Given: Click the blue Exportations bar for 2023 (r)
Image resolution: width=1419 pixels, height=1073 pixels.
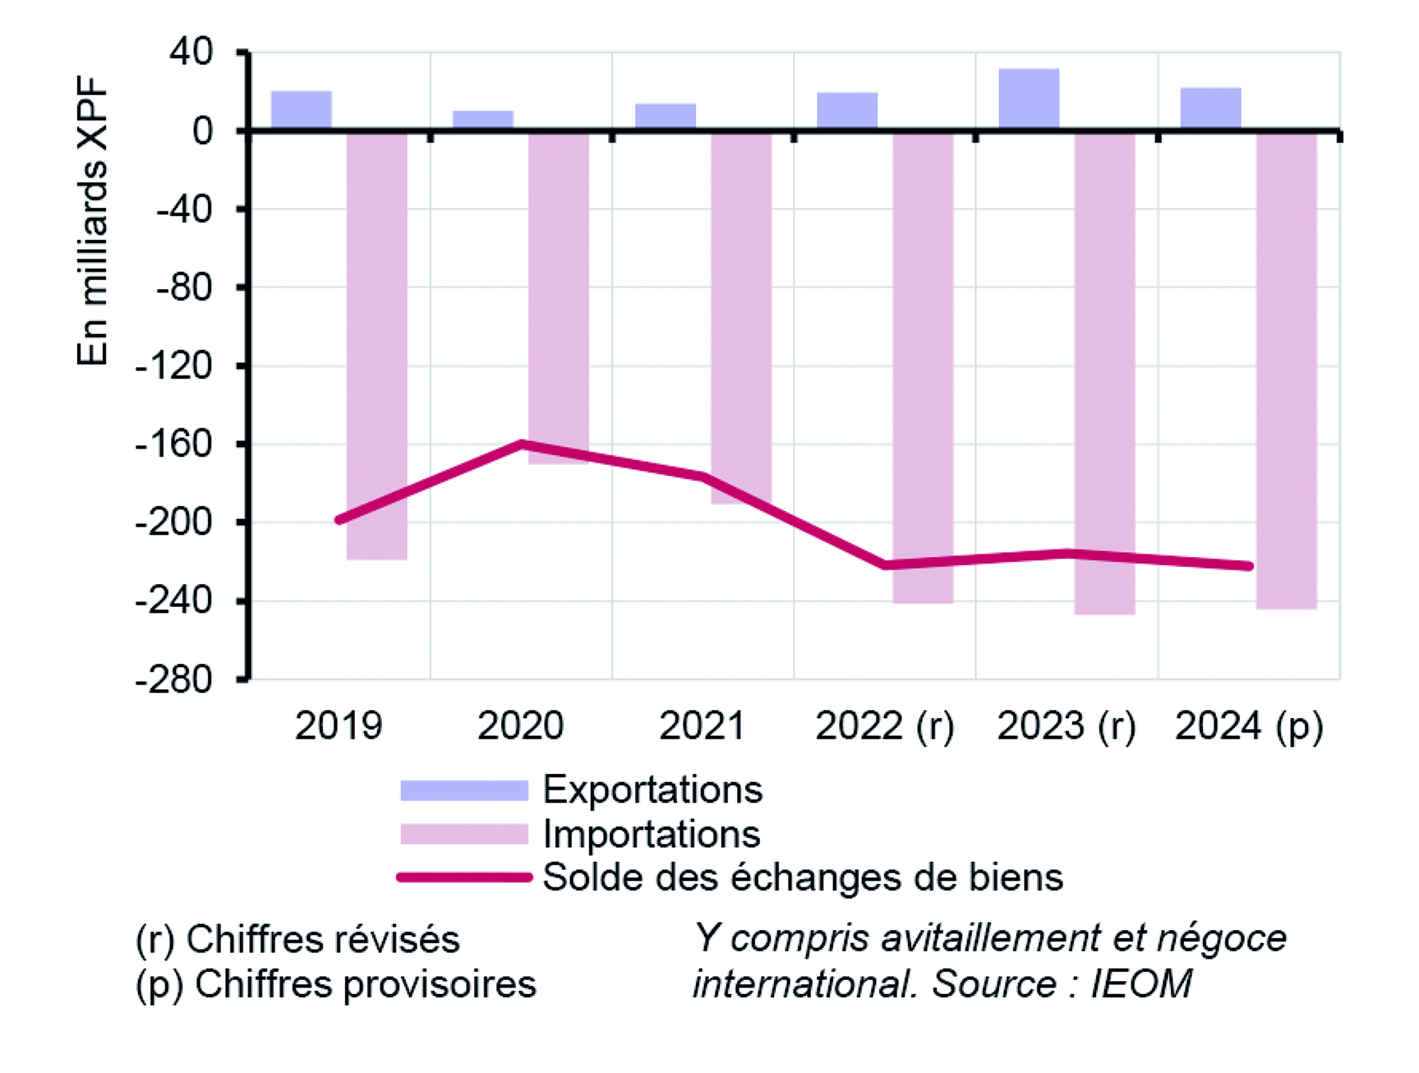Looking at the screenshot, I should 1029,99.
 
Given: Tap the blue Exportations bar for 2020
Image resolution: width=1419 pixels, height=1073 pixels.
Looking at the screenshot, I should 483,120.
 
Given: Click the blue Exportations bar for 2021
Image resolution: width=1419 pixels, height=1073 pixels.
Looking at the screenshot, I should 665,117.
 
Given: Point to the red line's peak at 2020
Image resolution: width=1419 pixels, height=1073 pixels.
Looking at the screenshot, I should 521,443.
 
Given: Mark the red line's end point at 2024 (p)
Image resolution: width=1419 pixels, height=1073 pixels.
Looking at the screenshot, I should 1249,566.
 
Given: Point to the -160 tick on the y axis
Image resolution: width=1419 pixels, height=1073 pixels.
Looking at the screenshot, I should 241,444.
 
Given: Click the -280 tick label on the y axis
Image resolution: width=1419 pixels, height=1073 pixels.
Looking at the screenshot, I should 173,680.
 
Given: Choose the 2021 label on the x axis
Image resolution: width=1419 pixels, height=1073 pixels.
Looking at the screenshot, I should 702,725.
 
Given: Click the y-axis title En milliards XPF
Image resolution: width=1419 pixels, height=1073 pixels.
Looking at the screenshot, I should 92,221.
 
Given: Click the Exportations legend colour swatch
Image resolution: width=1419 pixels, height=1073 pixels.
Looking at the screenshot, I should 464,790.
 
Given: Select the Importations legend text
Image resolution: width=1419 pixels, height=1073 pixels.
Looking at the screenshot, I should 652,834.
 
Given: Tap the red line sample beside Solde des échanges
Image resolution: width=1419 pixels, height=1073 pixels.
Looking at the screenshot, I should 464,877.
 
